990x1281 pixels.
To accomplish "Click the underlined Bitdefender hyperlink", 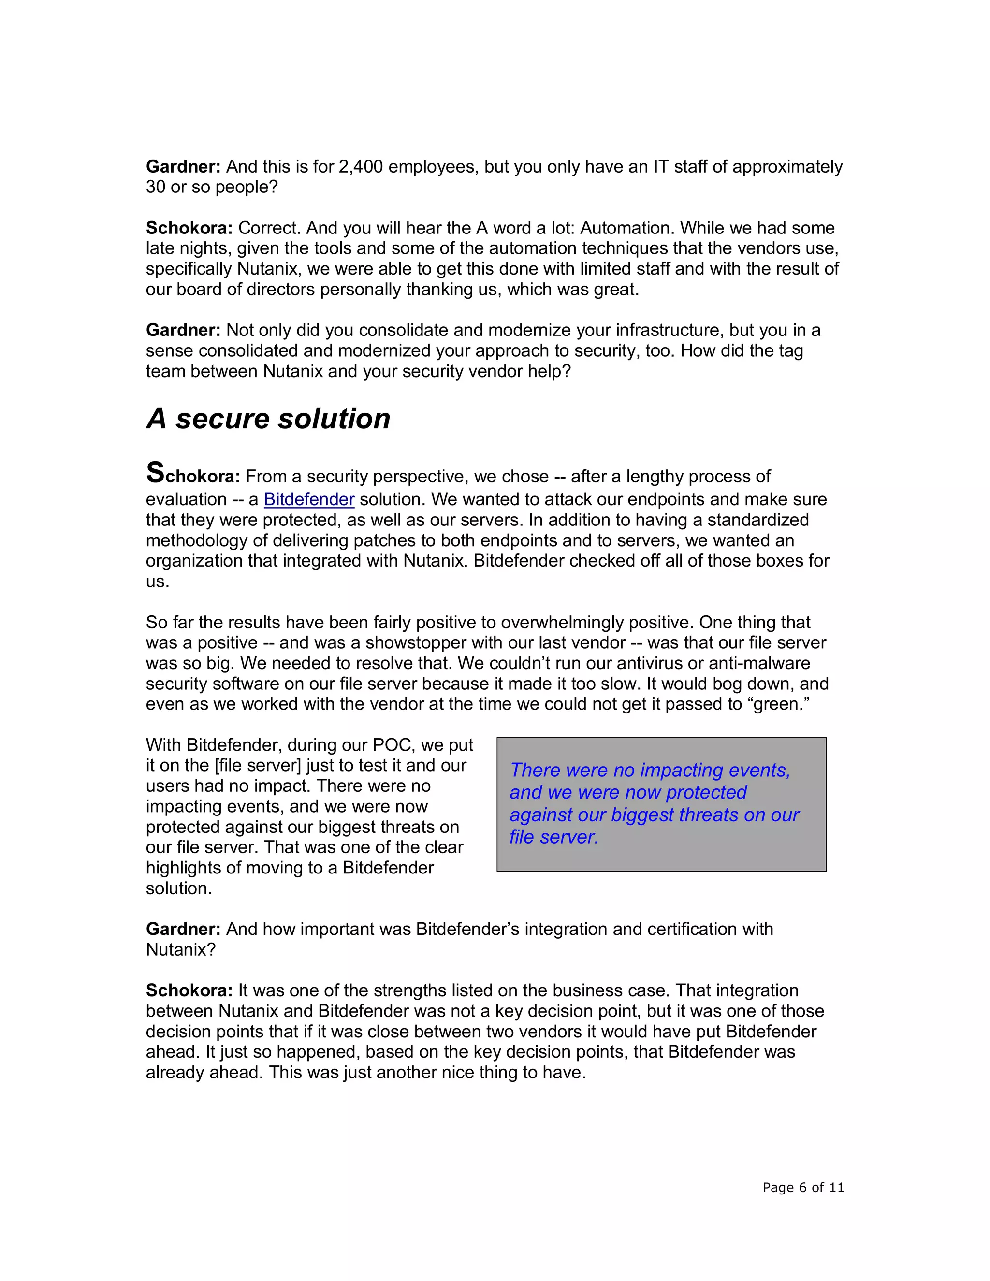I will [x=309, y=499].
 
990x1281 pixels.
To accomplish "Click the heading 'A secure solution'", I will [x=268, y=419].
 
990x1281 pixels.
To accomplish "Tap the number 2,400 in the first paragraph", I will [x=361, y=167].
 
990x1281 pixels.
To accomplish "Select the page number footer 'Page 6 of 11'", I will [x=803, y=1188].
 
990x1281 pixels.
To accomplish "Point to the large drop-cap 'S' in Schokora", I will [x=156, y=473].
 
